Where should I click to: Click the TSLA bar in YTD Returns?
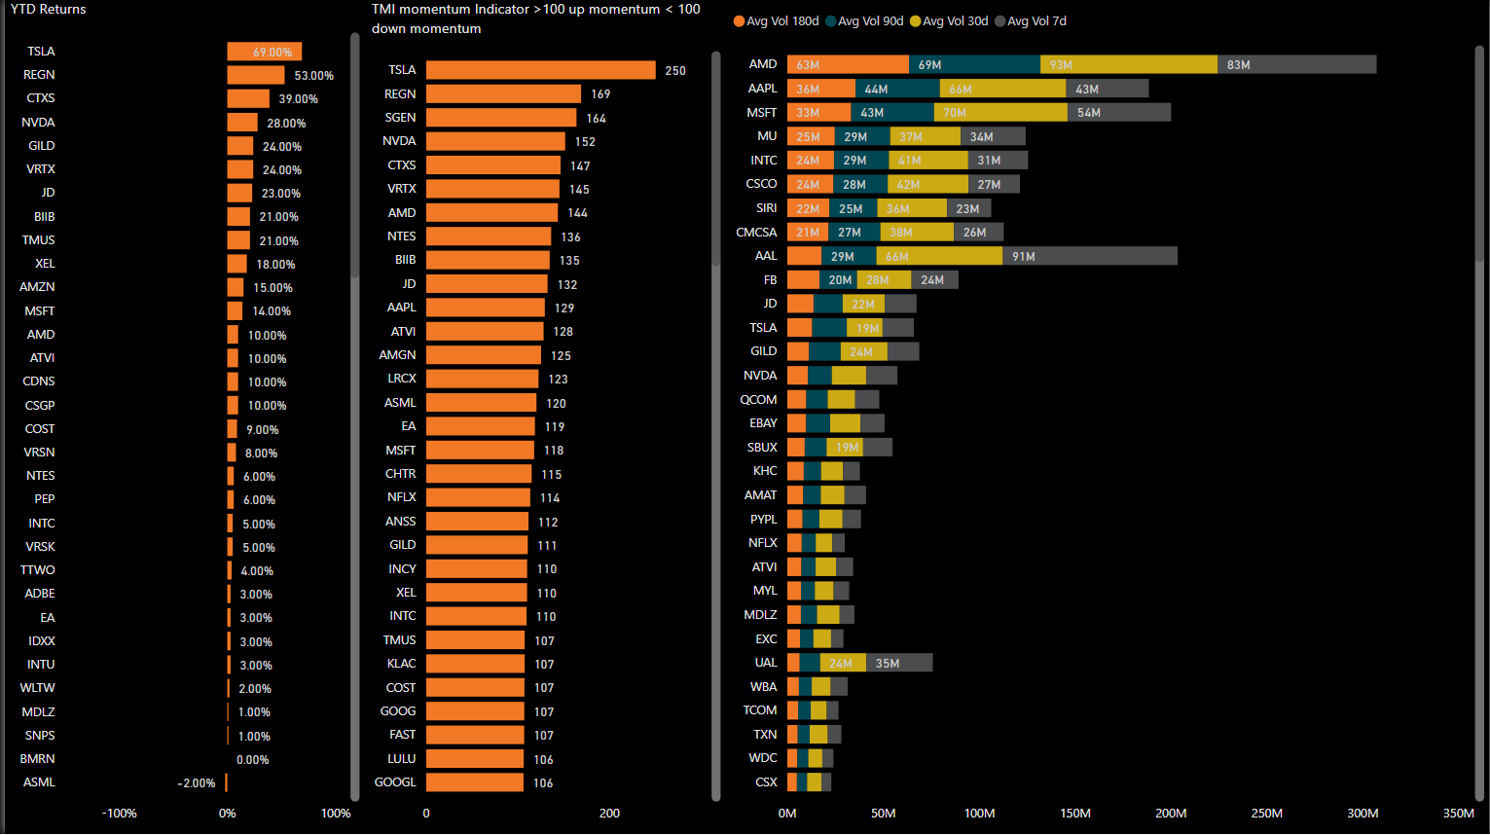264,52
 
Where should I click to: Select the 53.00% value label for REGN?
313,76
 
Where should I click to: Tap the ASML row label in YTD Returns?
40,782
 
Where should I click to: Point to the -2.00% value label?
197,783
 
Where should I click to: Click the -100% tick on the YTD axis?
120,814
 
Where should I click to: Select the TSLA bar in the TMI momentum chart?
540,70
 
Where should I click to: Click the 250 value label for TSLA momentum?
675,71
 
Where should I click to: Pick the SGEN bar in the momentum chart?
501,118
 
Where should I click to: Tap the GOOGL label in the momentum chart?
395,782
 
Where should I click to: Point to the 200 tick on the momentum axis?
609,814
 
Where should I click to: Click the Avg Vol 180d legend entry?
776,21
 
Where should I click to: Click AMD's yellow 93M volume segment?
1128,65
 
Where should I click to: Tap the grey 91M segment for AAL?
1089,256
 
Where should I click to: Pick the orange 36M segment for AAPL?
820,89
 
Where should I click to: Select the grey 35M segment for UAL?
898,663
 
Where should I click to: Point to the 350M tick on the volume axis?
1458,814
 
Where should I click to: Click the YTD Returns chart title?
49,10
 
